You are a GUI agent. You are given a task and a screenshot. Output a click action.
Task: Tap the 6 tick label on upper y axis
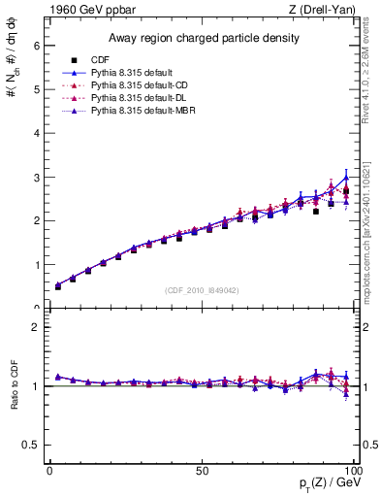(x=36, y=45)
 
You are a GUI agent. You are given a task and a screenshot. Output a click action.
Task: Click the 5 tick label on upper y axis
(x=36, y=88)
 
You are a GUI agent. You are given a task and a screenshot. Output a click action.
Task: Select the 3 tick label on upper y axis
(x=36, y=177)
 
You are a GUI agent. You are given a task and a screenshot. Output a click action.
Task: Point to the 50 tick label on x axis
(x=202, y=472)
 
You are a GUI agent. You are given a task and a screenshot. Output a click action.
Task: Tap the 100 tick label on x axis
(x=352, y=472)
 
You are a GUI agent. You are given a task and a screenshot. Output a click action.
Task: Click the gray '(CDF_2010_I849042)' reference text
(x=202, y=288)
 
